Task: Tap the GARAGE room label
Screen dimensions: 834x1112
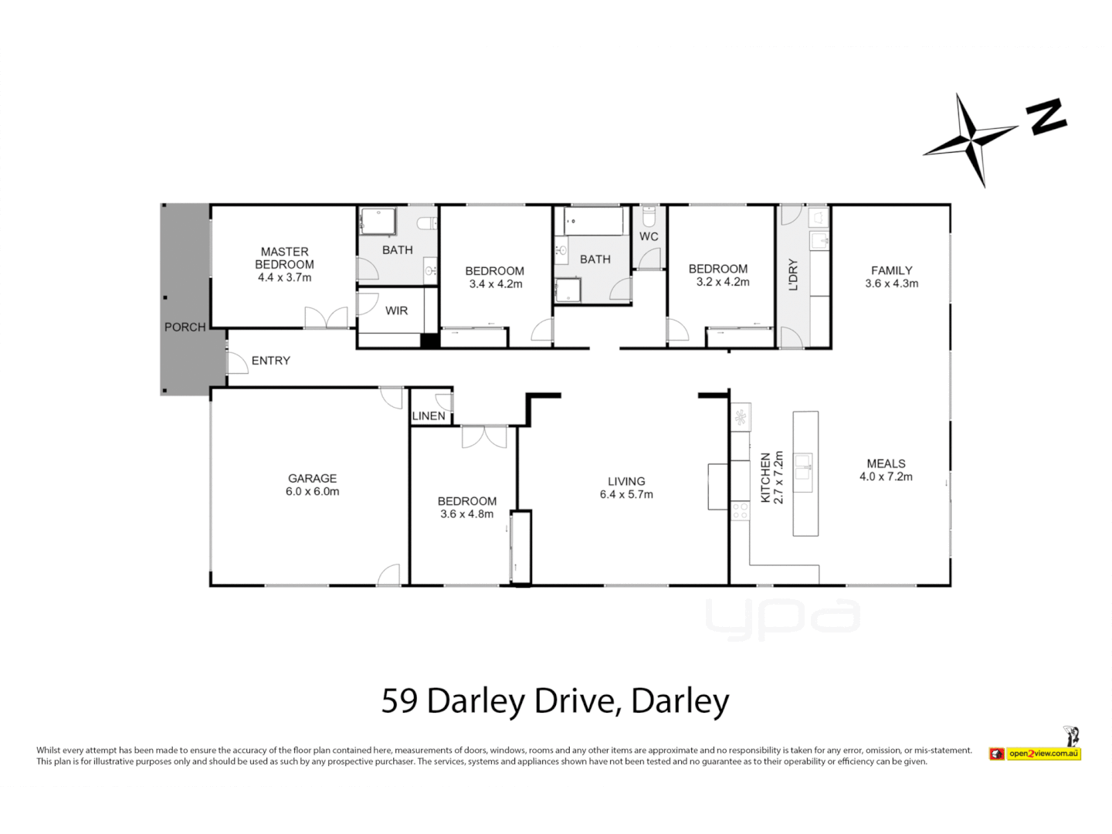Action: point(312,479)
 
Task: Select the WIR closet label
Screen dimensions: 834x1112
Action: point(396,310)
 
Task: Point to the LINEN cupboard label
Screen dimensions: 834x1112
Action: point(429,415)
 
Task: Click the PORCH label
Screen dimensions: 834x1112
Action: point(185,327)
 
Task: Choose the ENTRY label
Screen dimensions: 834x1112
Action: point(271,361)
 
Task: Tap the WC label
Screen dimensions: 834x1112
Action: point(649,236)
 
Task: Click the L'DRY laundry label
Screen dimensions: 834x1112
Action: point(793,275)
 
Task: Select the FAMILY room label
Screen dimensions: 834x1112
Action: point(891,270)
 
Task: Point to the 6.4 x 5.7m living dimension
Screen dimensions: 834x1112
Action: point(626,494)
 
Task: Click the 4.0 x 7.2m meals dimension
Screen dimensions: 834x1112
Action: point(886,476)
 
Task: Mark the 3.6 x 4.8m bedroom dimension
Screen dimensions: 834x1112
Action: point(466,514)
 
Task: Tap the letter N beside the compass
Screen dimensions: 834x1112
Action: point(1046,117)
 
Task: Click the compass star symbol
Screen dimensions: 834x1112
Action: point(971,139)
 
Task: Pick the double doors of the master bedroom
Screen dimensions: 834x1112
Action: point(326,317)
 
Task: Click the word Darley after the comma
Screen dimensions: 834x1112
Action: point(680,701)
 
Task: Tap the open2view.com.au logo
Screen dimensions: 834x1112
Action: point(1036,753)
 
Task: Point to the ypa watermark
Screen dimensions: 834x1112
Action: point(782,619)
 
